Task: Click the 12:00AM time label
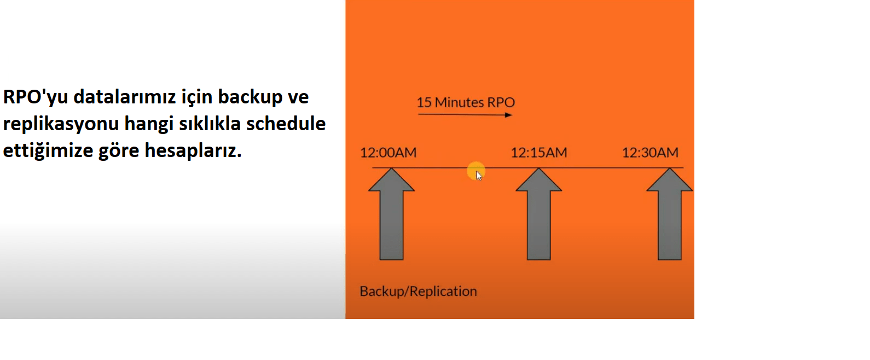tap(388, 153)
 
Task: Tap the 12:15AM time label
tap(539, 153)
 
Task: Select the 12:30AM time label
tap(650, 153)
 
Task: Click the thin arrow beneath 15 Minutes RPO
tap(465, 114)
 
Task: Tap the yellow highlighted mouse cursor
tap(476, 172)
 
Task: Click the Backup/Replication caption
tap(418, 291)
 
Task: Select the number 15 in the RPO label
tap(424, 102)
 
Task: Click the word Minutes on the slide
tap(459, 102)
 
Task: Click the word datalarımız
tap(125, 97)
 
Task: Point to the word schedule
tap(286, 124)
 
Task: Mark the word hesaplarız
tap(193, 151)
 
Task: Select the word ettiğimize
tap(48, 151)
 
